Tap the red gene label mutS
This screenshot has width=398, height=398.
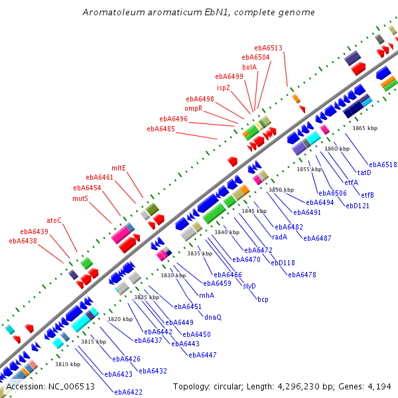coord(80,198)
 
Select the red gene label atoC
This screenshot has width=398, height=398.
coord(54,220)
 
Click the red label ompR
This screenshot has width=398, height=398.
coord(194,108)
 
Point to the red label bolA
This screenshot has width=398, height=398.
coord(249,67)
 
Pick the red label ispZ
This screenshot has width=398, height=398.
coord(224,88)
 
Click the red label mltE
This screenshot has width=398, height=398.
coord(119,168)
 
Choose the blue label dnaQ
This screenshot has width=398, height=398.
coord(213,317)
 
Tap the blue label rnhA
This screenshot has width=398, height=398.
coord(206,295)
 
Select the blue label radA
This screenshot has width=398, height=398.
coord(279,237)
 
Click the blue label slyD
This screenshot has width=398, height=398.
coord(249,286)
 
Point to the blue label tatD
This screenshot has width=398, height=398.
coord(364,172)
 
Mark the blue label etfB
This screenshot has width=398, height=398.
coord(367,195)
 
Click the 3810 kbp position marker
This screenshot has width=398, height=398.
coord(68,364)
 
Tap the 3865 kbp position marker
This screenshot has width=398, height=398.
coord(365,128)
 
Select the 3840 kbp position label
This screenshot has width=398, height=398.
coord(227,232)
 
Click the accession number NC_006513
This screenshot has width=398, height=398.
coord(72,387)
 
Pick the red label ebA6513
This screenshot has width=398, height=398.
coord(268,48)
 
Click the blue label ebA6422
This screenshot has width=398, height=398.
coord(129,392)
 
